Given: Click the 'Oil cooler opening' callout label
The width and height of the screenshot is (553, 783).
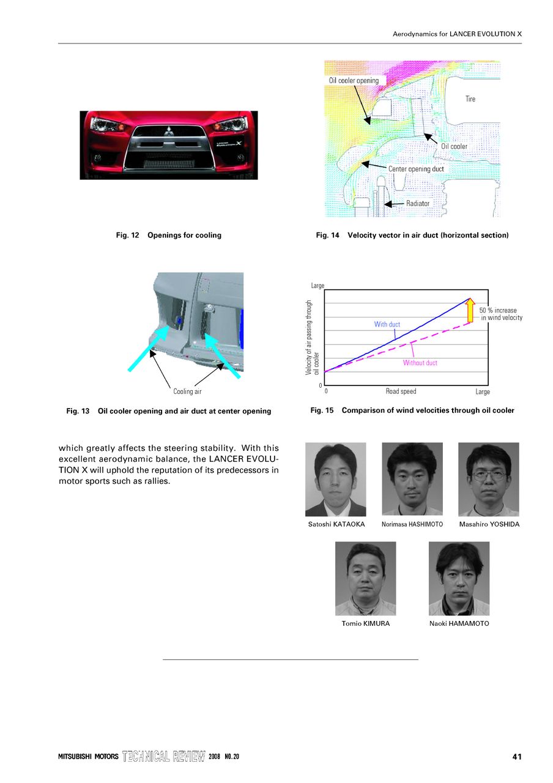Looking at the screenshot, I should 354,81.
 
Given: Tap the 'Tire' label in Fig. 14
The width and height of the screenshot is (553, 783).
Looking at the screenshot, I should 470,99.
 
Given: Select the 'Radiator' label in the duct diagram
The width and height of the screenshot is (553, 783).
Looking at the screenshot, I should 418,203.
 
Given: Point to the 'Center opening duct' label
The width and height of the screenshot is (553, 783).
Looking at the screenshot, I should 416,169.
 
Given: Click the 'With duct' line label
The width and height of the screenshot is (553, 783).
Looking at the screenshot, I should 387,324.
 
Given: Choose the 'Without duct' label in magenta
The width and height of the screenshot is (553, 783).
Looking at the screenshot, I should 420,363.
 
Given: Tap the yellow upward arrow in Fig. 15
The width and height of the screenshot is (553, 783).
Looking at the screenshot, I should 470,310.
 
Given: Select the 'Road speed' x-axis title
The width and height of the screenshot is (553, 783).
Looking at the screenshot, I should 401,391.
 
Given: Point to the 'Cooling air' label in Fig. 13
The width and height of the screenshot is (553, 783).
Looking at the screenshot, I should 187,391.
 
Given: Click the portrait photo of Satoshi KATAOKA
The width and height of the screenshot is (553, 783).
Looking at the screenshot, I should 335,480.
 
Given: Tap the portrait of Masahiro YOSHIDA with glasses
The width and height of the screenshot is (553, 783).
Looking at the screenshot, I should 488,480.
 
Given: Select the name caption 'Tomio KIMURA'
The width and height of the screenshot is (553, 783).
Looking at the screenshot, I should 365,624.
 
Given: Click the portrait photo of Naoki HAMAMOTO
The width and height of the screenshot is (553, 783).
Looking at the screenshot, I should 459,579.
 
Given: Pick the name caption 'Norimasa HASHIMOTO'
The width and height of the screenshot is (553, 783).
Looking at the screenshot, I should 412,525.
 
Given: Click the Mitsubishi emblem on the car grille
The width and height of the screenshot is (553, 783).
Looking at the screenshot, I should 168,130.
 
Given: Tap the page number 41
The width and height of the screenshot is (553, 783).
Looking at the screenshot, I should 517,757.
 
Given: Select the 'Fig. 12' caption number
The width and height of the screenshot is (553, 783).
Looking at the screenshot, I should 128,236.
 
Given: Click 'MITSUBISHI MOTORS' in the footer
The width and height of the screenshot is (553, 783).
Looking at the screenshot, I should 88,757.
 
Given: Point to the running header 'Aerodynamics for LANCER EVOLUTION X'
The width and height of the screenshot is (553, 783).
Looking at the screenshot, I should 457,34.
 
